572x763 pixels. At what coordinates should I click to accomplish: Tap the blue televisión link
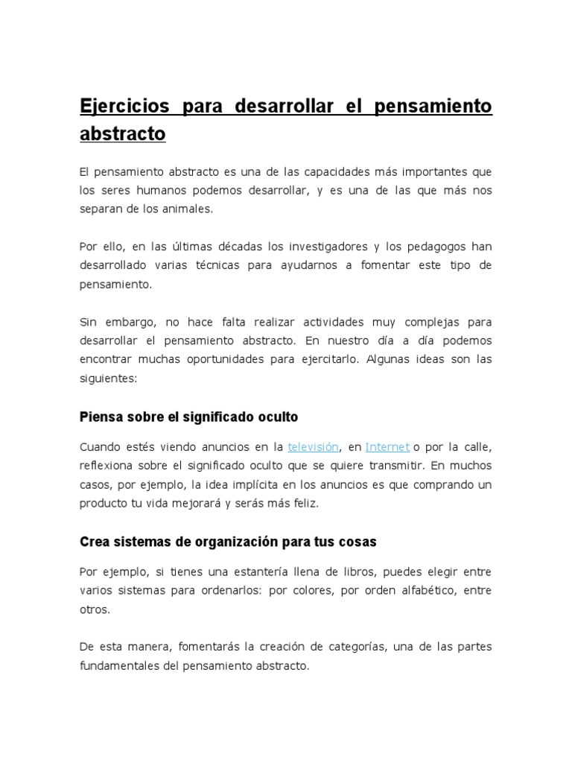313,447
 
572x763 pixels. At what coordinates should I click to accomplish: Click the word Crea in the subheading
94,542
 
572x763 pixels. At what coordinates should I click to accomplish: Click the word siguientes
108,379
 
